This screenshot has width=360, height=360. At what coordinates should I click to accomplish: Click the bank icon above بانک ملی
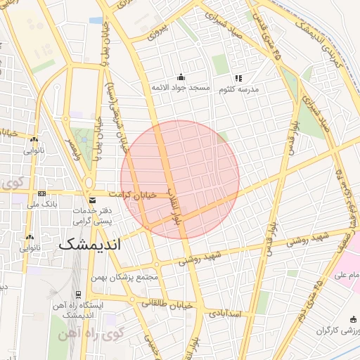pyautogui.click(x=42, y=193)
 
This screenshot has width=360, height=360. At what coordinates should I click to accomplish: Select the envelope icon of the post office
pyautogui.click(x=92, y=200)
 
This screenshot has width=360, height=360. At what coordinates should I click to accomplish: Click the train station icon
pyautogui.click(x=77, y=294)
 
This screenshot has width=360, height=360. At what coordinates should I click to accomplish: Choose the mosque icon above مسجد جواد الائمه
pyautogui.click(x=181, y=77)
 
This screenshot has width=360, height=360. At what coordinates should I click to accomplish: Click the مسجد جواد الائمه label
pyautogui.click(x=181, y=88)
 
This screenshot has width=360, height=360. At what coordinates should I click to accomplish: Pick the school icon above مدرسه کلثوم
pyautogui.click(x=238, y=78)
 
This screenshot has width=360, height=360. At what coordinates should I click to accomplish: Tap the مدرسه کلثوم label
pyautogui.click(x=240, y=89)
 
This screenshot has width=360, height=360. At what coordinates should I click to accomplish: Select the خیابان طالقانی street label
pyautogui.click(x=167, y=304)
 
